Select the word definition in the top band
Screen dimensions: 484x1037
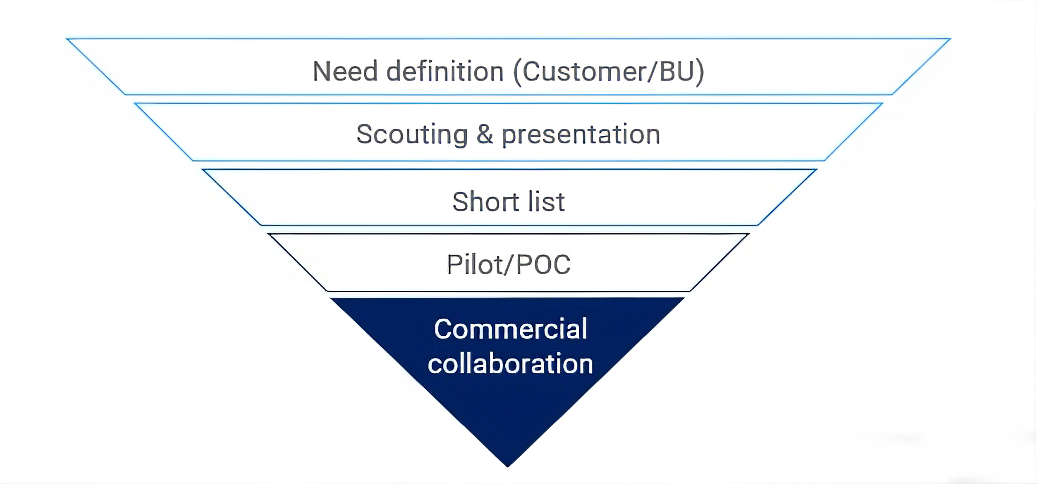pyautogui.click(x=445, y=71)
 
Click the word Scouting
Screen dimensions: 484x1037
pyautogui.click(x=412, y=135)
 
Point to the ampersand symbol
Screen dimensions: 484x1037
pyautogui.click(x=485, y=135)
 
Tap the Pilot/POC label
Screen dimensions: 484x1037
pyautogui.click(x=509, y=265)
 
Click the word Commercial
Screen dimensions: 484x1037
pyautogui.click(x=511, y=329)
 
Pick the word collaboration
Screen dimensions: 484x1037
pyautogui.click(x=510, y=364)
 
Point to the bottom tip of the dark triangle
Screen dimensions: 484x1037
pyautogui.click(x=508, y=466)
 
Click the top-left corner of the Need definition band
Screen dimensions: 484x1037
pyautogui.click(x=67, y=39)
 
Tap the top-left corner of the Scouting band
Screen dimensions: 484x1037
pyautogui.click(x=136, y=104)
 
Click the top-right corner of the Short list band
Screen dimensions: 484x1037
pyautogui.click(x=817, y=170)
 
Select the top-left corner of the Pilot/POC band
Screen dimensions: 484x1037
pyautogui.click(x=269, y=235)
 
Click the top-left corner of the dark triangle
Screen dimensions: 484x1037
pyautogui.click(x=331, y=298)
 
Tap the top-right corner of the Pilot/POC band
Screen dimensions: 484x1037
pyautogui.click(x=748, y=235)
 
